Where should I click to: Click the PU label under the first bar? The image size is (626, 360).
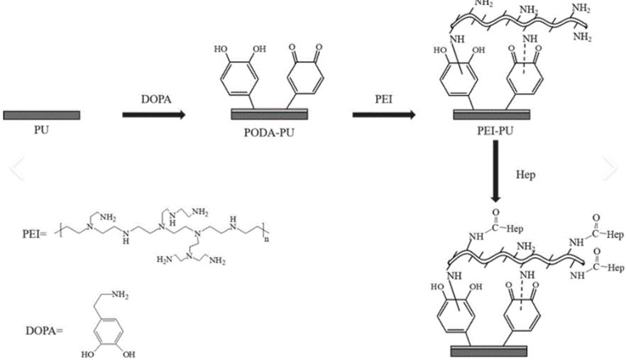pos(41,129)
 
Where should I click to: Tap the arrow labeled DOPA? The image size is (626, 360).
pos(153,114)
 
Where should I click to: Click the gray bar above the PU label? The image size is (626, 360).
pos(41,114)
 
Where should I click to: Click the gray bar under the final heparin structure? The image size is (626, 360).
pos(490,349)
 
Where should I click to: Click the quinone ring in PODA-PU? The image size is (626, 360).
pos(302,79)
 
